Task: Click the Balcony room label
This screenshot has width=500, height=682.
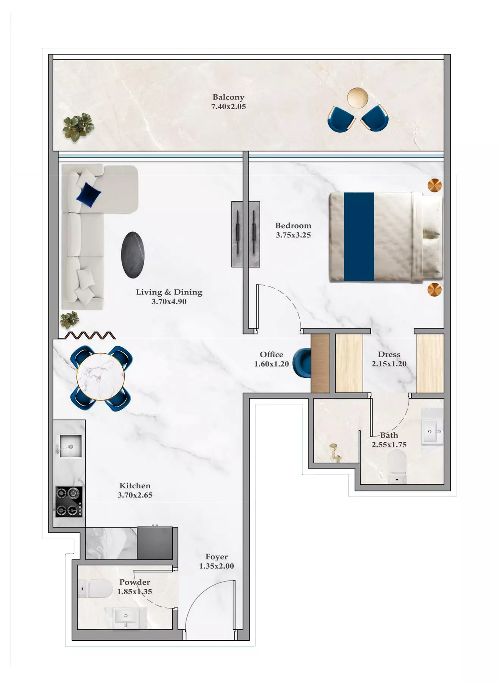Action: tap(228, 97)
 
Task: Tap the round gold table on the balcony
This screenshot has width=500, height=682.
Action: tap(358, 98)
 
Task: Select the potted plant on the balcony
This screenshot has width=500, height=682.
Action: tap(78, 127)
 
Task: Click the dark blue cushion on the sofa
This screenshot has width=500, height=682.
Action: tap(89, 195)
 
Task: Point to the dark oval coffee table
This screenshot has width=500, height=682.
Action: tap(133, 255)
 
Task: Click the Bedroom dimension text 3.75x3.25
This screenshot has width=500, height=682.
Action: tap(293, 235)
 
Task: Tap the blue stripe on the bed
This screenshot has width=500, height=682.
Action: tap(359, 237)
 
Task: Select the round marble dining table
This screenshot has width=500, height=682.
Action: tap(100, 377)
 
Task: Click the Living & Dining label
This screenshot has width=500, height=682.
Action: tap(169, 292)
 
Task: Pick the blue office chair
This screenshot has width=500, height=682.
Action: tap(303, 363)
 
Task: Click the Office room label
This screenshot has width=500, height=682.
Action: tap(272, 355)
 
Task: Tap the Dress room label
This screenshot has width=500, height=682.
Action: tap(389, 355)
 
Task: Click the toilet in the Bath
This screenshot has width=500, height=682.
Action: tap(397, 466)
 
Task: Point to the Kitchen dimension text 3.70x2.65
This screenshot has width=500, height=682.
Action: tap(135, 495)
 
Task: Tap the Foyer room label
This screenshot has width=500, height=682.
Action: tap(217, 557)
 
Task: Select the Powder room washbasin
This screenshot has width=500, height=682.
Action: tap(126, 618)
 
